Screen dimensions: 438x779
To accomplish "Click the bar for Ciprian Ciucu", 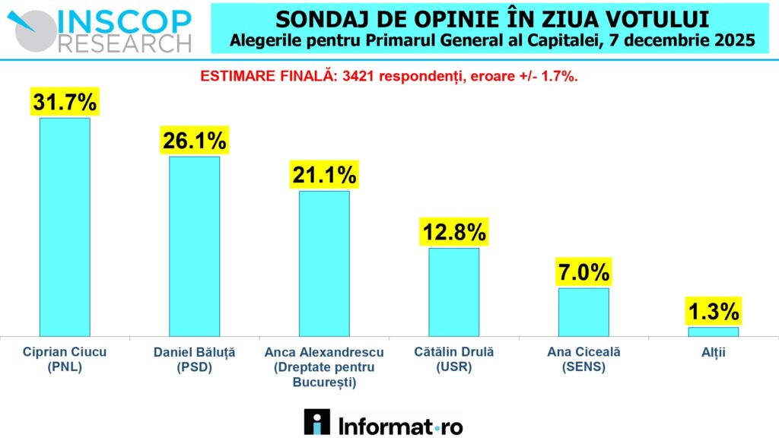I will pyautogui.click(x=65, y=227).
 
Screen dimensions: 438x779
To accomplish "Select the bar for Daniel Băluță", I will pyautogui.click(x=194, y=246).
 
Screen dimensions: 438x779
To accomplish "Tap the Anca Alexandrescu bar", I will pyautogui.click(x=324, y=263).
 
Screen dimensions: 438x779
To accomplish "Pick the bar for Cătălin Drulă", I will pyautogui.click(x=454, y=291).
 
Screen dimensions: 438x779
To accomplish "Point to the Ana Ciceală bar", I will pyautogui.click(x=583, y=312).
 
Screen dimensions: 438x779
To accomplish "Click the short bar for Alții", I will pyautogui.click(x=713, y=332).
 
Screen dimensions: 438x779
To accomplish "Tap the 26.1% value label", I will pyautogui.click(x=194, y=141).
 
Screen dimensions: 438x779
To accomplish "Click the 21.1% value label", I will pyautogui.click(x=324, y=176).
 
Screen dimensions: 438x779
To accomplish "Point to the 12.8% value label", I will pyautogui.click(x=454, y=232).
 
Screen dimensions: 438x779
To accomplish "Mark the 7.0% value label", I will pyautogui.click(x=583, y=272).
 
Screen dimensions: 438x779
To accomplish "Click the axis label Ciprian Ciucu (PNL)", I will pyautogui.click(x=64, y=359).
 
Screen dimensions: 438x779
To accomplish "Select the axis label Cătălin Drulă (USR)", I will pyautogui.click(x=454, y=359).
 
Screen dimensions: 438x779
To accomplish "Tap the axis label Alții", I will pyautogui.click(x=713, y=352).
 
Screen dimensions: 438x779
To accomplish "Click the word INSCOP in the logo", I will pyautogui.click(x=126, y=18).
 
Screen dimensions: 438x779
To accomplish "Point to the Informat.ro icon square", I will pyautogui.click(x=316, y=422).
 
